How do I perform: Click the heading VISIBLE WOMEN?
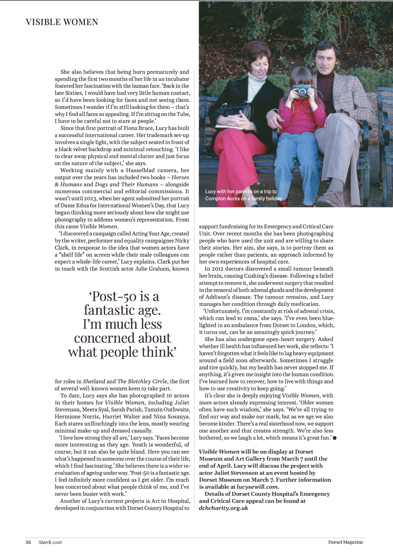pos(62,22)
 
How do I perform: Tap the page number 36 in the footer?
pos(28,542)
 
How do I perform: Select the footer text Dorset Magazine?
pos(345,542)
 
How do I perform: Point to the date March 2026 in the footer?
pos(50,542)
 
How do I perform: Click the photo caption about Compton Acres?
pos(243,195)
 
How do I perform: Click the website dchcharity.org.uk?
pos(223,508)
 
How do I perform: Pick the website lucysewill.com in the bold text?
pos(257,487)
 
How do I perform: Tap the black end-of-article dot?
pos(335,438)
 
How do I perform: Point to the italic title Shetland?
pos(94,381)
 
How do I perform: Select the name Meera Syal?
pos(94,410)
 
